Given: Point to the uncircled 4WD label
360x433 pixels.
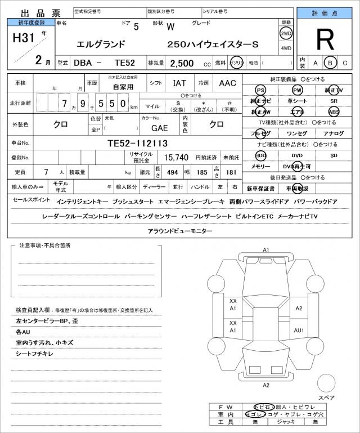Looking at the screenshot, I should [286, 48].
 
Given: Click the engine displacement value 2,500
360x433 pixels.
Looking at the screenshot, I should [182, 64].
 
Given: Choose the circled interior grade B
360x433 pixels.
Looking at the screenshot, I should [331, 63].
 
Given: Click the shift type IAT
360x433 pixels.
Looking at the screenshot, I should [179, 83].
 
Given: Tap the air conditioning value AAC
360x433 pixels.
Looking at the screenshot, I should [227, 83].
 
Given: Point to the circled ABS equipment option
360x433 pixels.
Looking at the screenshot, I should [334, 111].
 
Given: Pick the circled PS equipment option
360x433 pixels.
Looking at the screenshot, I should [260, 90].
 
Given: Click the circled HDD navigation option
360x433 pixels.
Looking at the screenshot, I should [260, 155].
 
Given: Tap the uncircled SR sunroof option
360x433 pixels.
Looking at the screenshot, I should [334, 101].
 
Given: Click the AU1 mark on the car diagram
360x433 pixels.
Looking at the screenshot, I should [299, 329].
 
